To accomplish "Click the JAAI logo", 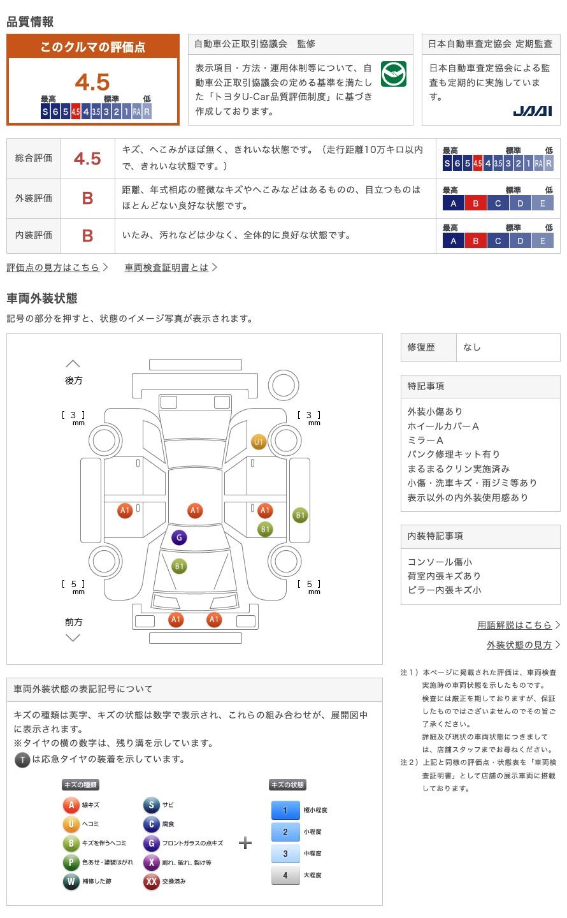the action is pos(532,111).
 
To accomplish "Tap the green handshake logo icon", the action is pos(393,74).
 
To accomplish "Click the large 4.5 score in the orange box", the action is pos(92,82).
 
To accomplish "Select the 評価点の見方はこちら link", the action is pos(54,268).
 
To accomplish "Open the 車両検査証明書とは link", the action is pos(166,268).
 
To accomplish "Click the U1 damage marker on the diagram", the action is pos(259,442).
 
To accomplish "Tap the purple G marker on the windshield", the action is pos(179,537).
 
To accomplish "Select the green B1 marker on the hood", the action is pos(179,566).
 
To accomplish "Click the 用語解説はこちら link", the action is pos(514,625).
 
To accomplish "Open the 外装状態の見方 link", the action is pos(519,645).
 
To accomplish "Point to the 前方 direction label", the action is pos(74,622).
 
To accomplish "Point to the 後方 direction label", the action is pos(74,381).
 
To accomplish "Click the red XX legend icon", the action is pos(151,881).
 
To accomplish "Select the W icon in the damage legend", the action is pos(71,881).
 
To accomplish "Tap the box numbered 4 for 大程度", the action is pos(285,875).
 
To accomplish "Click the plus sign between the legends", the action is pos(245,843).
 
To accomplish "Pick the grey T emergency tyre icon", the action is pos(22,760).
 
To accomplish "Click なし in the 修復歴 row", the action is pos(471,347).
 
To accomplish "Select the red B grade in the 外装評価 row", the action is pos(88,198).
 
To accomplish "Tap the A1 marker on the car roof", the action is pos(195,510).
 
